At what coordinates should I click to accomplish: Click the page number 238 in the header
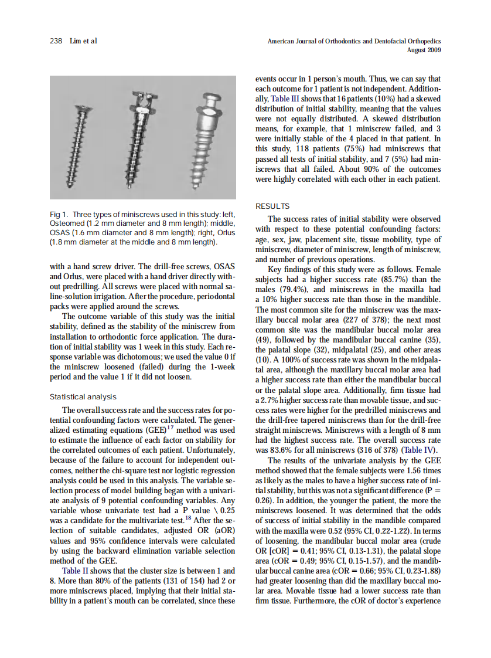click(56, 40)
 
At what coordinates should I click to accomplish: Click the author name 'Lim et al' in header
click(83, 40)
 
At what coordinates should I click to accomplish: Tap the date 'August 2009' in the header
click(424, 50)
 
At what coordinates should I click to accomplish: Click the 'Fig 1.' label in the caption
click(61, 215)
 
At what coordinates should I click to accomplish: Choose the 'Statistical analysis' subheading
click(83, 397)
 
